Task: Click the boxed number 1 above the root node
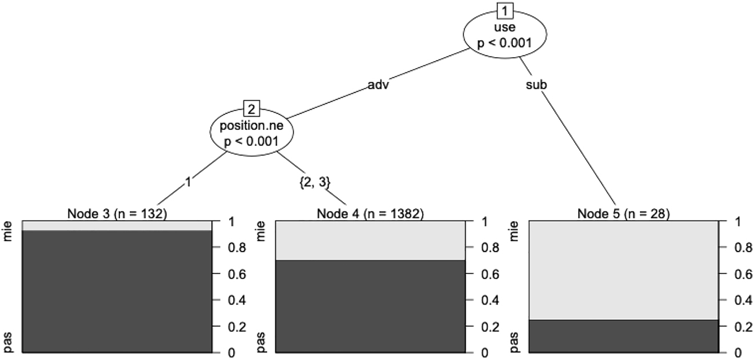click(x=505, y=11)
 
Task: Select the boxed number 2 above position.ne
click(x=251, y=109)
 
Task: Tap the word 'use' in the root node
click(x=505, y=27)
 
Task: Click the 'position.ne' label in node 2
click(x=251, y=126)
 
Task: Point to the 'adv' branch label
click(x=378, y=85)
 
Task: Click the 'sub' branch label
click(x=536, y=85)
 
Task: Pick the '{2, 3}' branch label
click(x=315, y=182)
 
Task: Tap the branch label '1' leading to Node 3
click(x=188, y=182)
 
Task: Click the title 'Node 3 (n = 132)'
click(x=117, y=214)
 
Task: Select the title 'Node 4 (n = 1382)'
click(x=370, y=214)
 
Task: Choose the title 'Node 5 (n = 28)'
click(x=624, y=214)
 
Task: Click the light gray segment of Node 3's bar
click(x=117, y=226)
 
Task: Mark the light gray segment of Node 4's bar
click(x=370, y=241)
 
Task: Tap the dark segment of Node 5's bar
click(x=624, y=336)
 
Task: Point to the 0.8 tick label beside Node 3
click(x=237, y=248)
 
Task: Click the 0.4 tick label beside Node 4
click(x=490, y=300)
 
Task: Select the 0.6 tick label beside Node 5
click(x=743, y=274)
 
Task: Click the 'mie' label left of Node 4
click(x=261, y=231)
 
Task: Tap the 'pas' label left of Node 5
click(x=514, y=342)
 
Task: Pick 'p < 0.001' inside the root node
click(x=505, y=43)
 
